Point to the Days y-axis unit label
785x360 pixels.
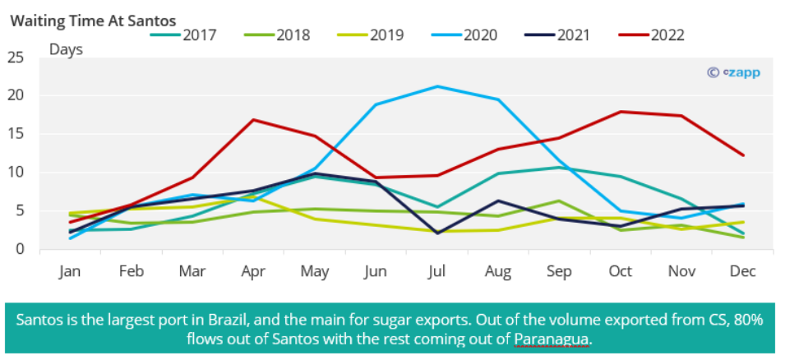tap(66, 49)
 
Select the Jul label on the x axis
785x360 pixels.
tap(438, 271)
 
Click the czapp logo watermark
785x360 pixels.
tap(734, 72)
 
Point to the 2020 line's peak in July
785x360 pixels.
tap(438, 86)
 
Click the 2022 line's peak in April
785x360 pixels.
tap(254, 120)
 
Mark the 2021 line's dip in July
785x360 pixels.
tap(438, 233)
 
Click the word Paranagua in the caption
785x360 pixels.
tap(552, 338)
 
